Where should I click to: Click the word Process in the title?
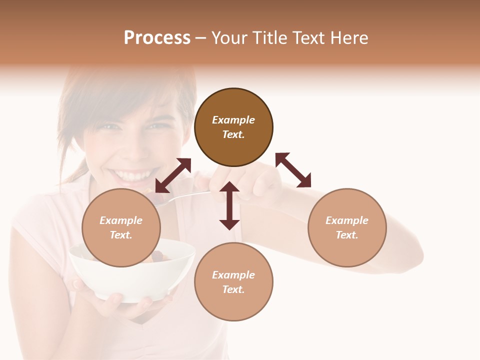pyautogui.click(x=157, y=38)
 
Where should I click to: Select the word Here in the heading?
pyautogui.click(x=349, y=38)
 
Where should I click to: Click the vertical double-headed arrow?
pyautogui.click(x=229, y=205)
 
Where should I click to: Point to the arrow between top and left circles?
pyautogui.click(x=173, y=175)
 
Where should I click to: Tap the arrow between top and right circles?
pyautogui.click(x=293, y=170)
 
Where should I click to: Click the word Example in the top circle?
pyautogui.click(x=233, y=120)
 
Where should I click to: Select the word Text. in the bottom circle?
pyautogui.click(x=233, y=289)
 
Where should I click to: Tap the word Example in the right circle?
pyautogui.click(x=347, y=220)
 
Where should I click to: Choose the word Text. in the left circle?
pyautogui.click(x=121, y=235)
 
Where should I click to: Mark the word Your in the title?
pyautogui.click(x=229, y=38)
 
